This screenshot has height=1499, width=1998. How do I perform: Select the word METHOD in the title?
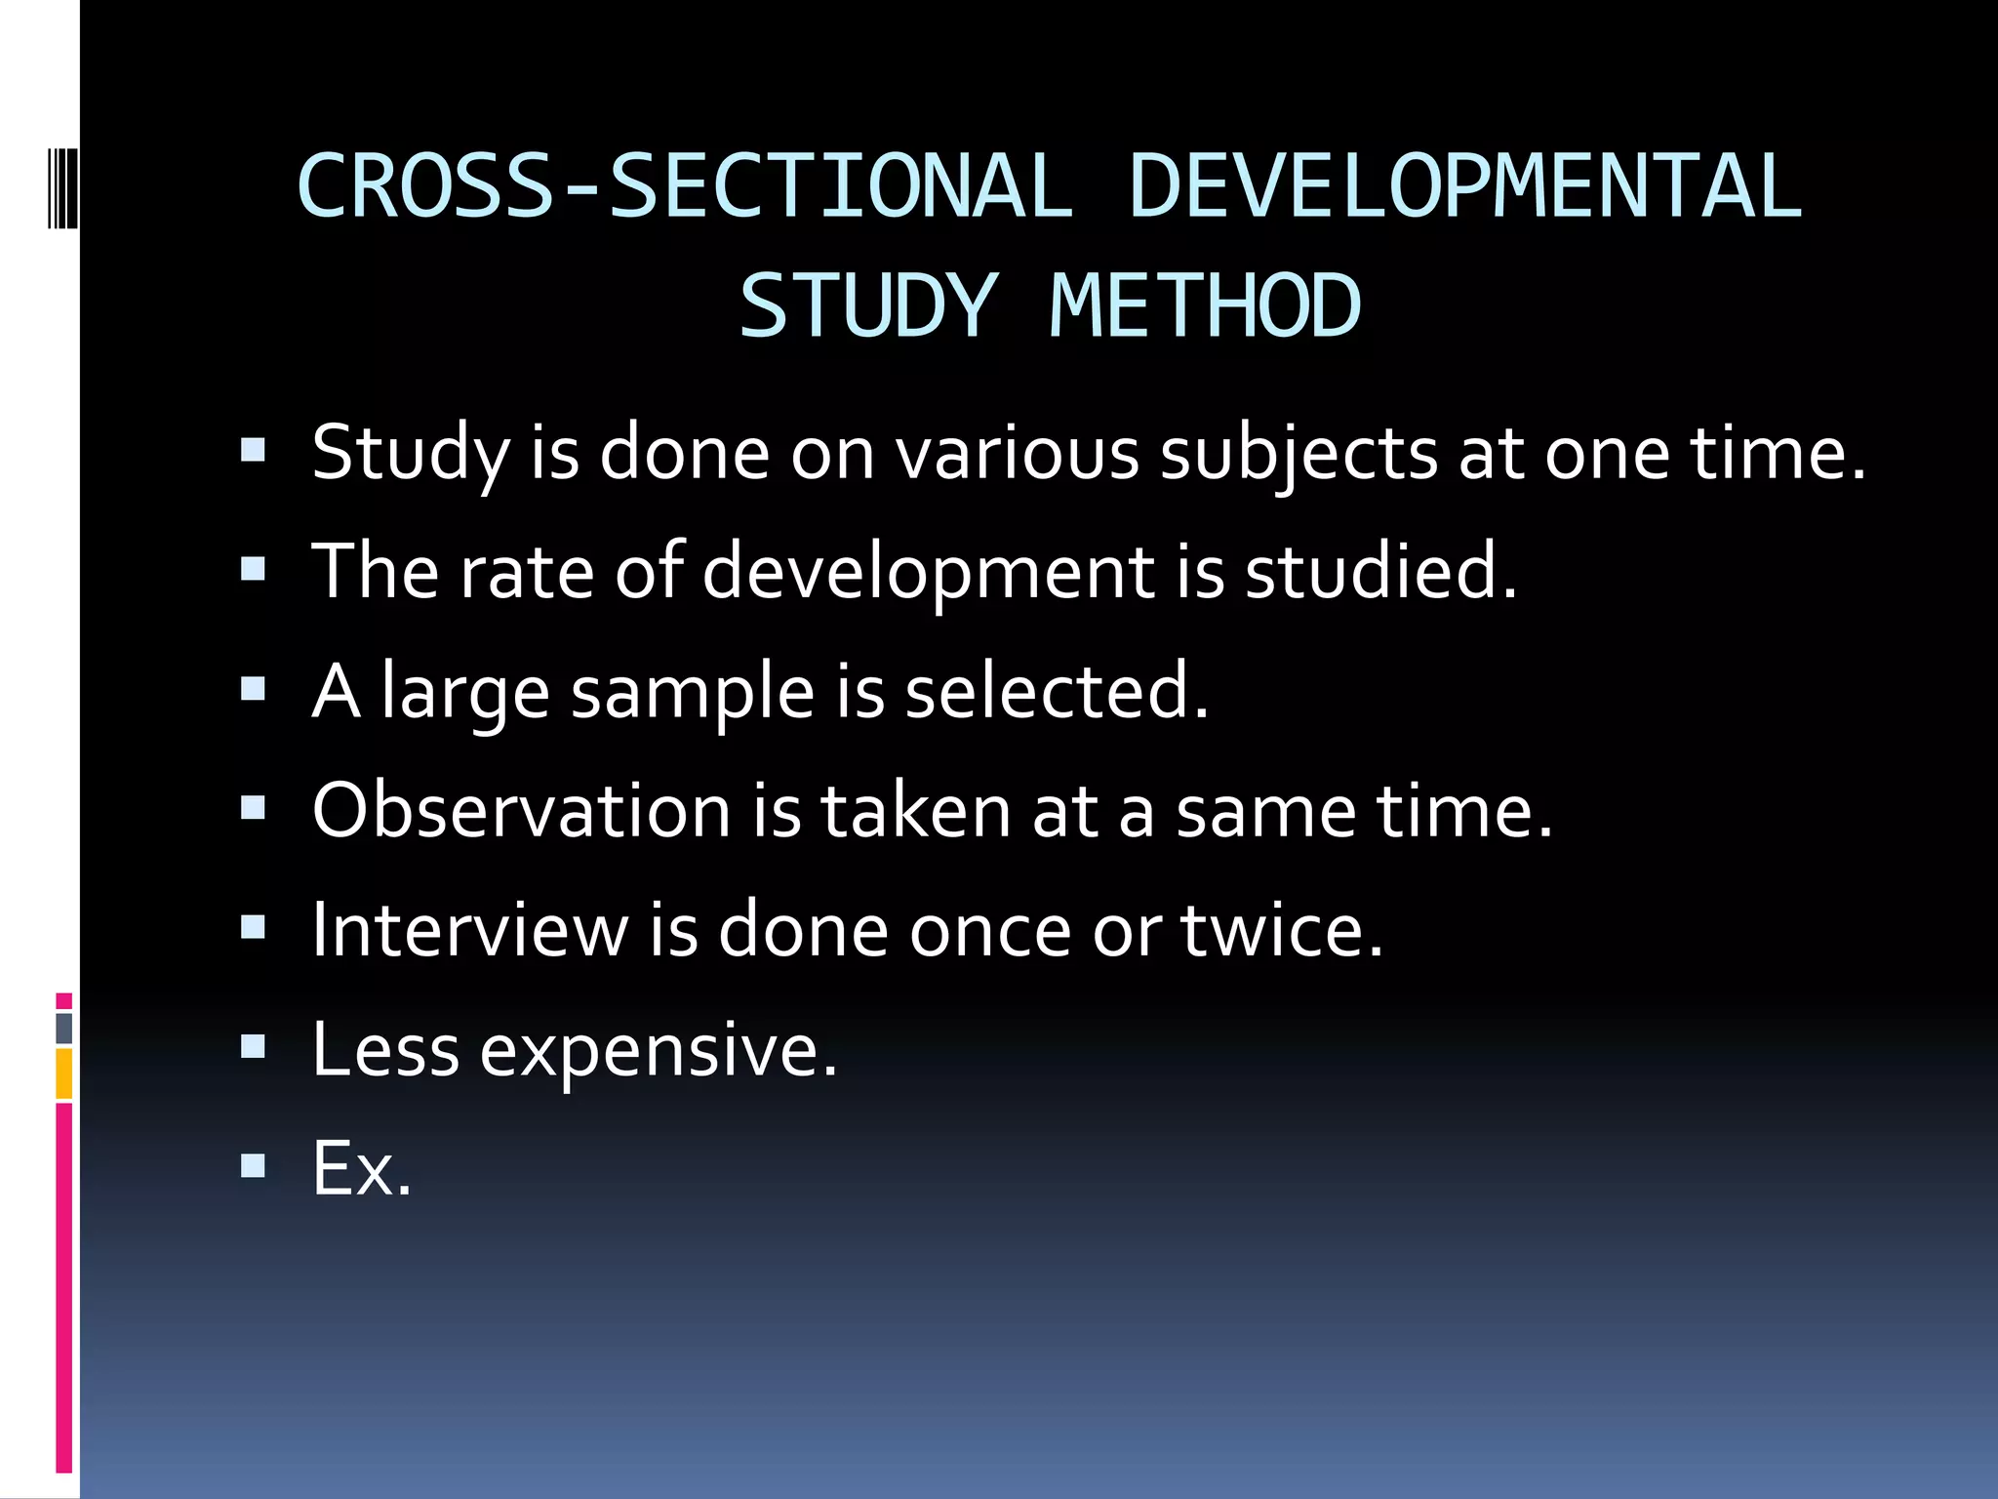tap(1206, 306)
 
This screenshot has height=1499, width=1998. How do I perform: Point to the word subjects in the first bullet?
tap(1298, 455)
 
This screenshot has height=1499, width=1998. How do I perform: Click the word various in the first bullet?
tap(1018, 455)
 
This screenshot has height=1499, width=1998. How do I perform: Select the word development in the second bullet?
tap(928, 573)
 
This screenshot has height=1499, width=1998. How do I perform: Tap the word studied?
tap(1379, 573)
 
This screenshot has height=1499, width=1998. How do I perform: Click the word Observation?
tap(521, 810)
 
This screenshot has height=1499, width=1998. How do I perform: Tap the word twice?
tap(1282, 930)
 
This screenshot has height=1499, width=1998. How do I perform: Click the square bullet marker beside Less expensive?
tap(253, 1047)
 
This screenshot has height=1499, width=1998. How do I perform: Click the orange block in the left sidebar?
tap(64, 1074)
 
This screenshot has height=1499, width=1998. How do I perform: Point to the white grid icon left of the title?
tap(62, 174)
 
